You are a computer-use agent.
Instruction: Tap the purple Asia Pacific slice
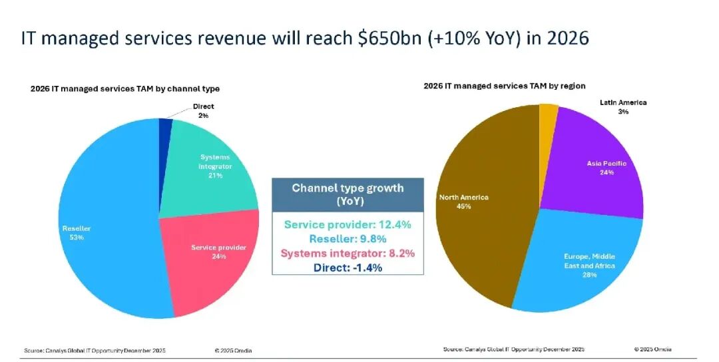[596, 165]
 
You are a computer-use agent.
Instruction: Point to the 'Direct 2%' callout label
[203, 111]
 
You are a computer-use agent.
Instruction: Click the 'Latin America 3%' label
[623, 106]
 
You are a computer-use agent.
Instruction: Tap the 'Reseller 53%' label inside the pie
[77, 233]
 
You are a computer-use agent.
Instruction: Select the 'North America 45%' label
[463, 202]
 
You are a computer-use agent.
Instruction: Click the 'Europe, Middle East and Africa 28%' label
[589, 266]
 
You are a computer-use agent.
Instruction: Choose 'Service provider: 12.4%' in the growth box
[348, 224]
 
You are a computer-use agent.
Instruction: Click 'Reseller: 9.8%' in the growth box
[348, 239]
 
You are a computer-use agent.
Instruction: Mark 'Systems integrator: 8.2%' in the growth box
[348, 254]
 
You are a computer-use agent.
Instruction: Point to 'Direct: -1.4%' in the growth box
[348, 268]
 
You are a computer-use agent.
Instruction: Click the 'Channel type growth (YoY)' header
[348, 195]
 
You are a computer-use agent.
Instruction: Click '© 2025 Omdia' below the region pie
[653, 349]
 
